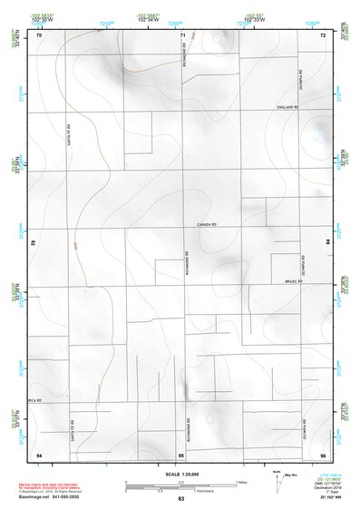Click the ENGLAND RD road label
(x=288, y=108)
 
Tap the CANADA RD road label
(x=209, y=224)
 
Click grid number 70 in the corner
(x=38, y=35)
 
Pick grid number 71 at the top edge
(x=182, y=35)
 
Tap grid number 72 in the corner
(x=323, y=35)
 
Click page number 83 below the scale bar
(x=181, y=499)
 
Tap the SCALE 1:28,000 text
(x=180, y=475)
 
